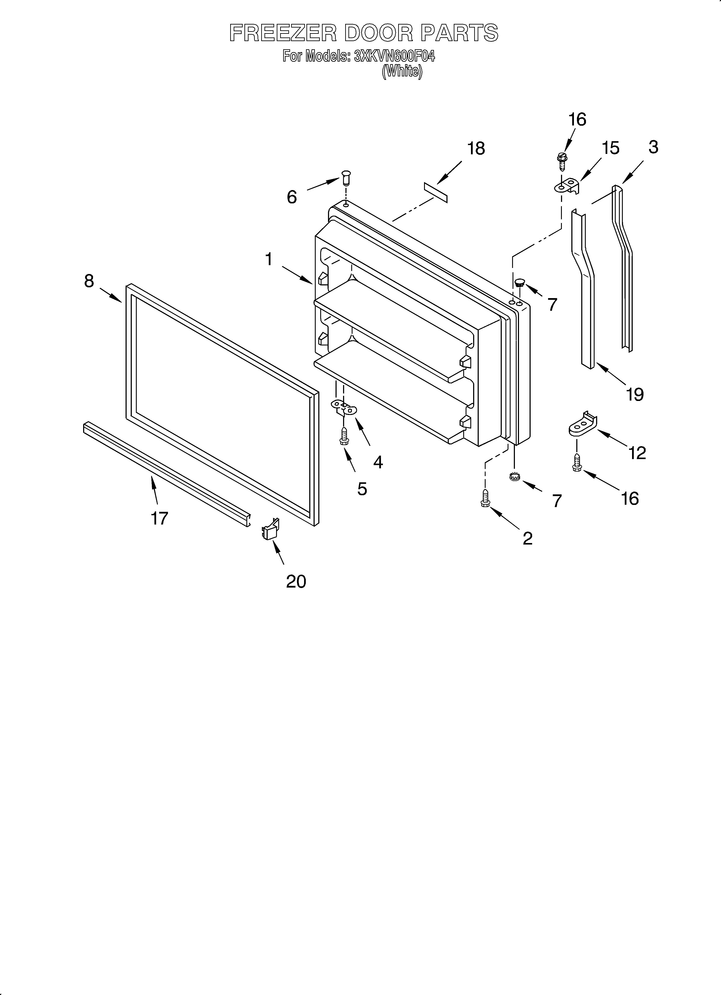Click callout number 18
pyautogui.click(x=476, y=149)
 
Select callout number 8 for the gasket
pyautogui.click(x=89, y=281)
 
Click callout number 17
pyautogui.click(x=159, y=518)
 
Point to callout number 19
pyautogui.click(x=635, y=394)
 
